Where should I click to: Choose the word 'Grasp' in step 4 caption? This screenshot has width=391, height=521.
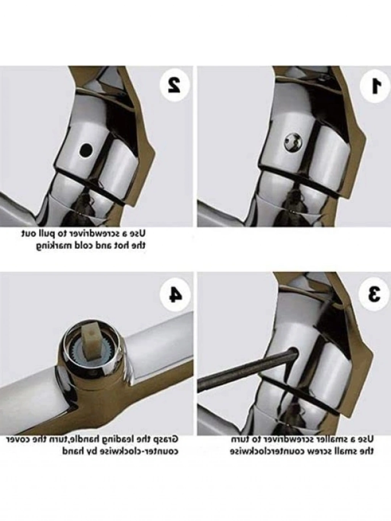tap(165, 440)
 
